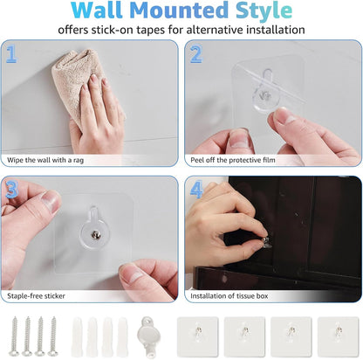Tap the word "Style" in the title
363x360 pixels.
coord(261,11)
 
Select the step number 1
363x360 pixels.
coord(12,55)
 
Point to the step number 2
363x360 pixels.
coord(195,55)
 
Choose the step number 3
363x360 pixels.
coord(12,189)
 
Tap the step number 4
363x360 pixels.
coord(195,189)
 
